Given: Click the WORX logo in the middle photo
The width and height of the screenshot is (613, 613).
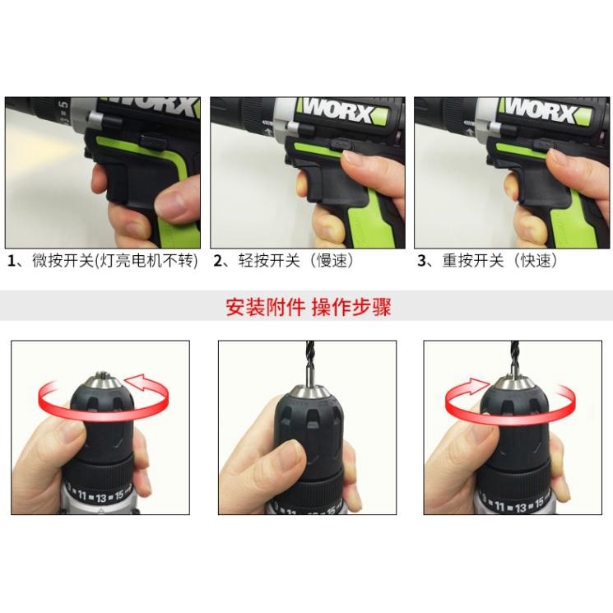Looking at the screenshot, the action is click(x=338, y=111).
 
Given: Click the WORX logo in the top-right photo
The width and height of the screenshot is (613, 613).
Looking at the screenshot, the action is click(x=541, y=110).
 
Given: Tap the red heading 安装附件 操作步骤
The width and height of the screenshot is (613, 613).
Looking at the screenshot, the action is click(x=309, y=307).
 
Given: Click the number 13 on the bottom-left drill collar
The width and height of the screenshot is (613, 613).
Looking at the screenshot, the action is click(x=101, y=498).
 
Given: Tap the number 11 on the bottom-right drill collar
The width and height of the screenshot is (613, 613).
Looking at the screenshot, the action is click(x=499, y=507).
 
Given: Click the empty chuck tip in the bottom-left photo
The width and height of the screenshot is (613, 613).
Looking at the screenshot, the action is click(x=103, y=377).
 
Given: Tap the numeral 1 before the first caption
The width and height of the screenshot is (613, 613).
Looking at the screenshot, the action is click(x=12, y=261).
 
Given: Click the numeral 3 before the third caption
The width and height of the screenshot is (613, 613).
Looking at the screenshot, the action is click(x=421, y=261).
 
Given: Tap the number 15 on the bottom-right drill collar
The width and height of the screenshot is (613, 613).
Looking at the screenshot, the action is click(x=539, y=503).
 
